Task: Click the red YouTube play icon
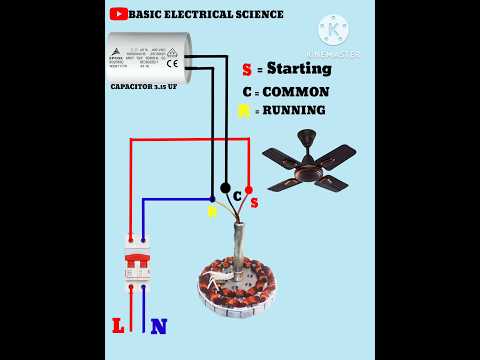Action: [x=117, y=14]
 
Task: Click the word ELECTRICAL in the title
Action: [x=203, y=14]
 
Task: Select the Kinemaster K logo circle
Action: [x=332, y=29]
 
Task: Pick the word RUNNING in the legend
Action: [x=291, y=110]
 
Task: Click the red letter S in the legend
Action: [x=246, y=70]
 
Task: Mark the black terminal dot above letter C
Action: [x=225, y=187]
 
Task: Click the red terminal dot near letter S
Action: [x=248, y=188]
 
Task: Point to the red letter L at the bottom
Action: [x=119, y=325]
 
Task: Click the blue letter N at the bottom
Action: [x=158, y=325]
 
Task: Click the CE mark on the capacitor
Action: [x=172, y=64]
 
